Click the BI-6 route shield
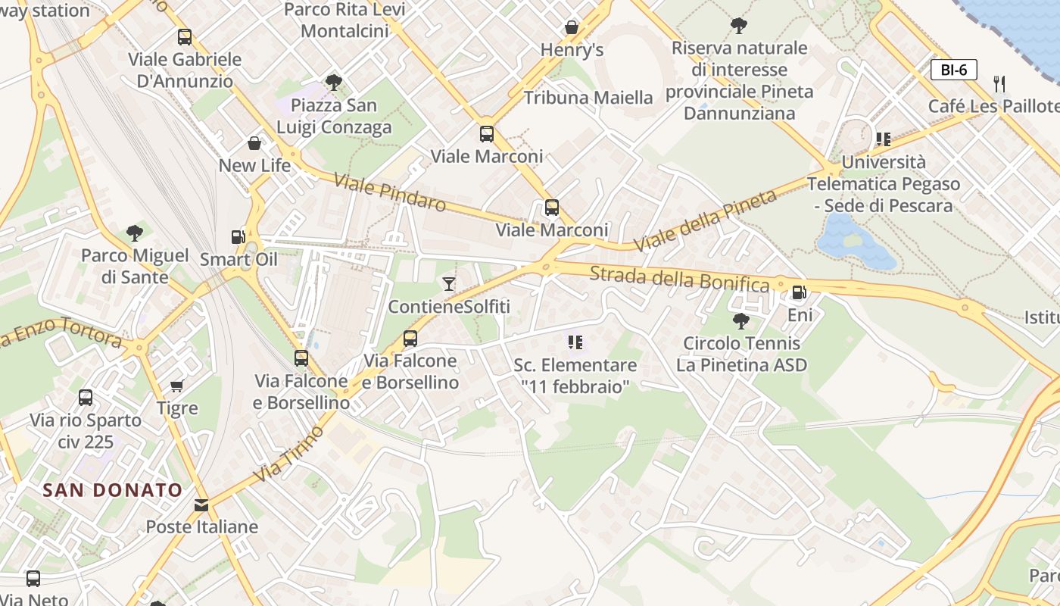(954, 70)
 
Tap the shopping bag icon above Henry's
(572, 28)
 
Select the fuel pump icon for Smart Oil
(238, 237)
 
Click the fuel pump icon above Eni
(799, 292)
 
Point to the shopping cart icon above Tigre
(177, 386)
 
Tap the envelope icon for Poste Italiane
(201, 504)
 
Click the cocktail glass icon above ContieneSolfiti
(449, 284)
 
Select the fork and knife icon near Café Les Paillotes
(999, 84)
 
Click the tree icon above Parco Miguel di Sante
(135, 233)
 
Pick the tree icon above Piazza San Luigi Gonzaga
(333, 83)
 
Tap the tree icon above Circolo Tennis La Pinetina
(741, 320)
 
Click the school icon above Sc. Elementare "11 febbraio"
(575, 342)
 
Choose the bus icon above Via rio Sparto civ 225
(86, 398)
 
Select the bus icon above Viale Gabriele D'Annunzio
(184, 37)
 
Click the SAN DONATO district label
(113, 490)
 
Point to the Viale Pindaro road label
(390, 194)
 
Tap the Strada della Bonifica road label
(679, 278)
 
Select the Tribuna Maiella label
(588, 98)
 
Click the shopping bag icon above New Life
(254, 143)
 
